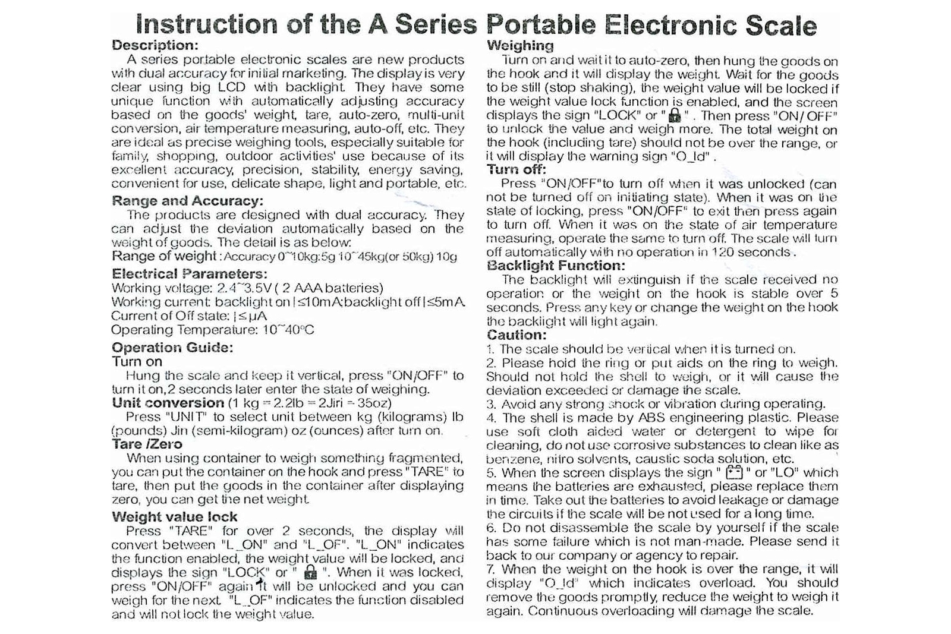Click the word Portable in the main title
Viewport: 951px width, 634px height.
[540, 25]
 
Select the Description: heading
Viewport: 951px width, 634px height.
[155, 45]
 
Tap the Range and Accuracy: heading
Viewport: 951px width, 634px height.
[187, 201]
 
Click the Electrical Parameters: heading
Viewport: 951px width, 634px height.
[189, 274]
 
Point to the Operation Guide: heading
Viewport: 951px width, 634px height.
[172, 348]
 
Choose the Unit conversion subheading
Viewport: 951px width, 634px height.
[168, 403]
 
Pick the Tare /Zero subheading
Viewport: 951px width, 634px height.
[147, 444]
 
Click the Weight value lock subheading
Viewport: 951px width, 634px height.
[174, 517]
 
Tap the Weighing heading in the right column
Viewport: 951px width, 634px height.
[519, 46]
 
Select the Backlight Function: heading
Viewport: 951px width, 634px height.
[556, 266]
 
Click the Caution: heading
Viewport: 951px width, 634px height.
[517, 335]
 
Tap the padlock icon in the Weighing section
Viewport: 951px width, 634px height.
[674, 116]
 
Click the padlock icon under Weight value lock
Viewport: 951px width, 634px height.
[310, 573]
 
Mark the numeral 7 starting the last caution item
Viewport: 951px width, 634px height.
[490, 569]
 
